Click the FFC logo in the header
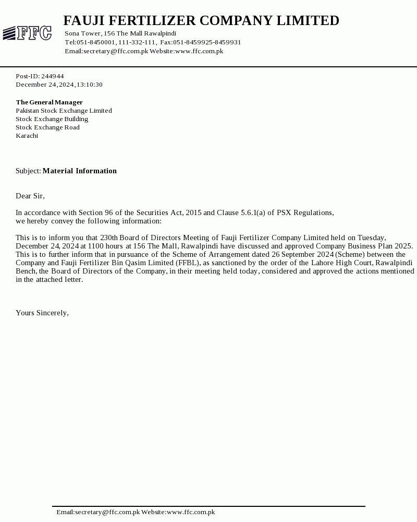[27, 33]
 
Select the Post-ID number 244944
[53, 76]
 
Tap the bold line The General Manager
[49, 102]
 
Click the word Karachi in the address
[27, 136]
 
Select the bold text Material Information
[79, 171]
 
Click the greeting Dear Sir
[30, 196]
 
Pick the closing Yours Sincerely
[42, 313]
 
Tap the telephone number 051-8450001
[96, 42]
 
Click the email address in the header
[116, 51]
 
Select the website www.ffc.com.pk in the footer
[191, 512]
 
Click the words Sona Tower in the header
[82, 33]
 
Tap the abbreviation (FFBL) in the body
[188, 263]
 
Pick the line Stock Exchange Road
[47, 127]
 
